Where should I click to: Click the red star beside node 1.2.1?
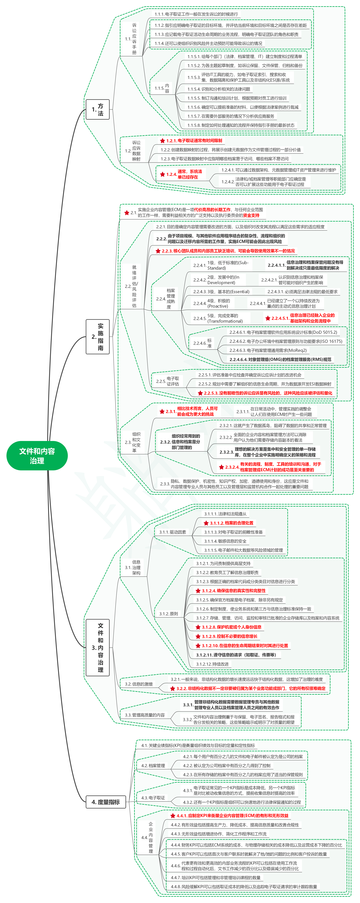[162, 141]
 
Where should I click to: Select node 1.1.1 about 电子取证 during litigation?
[196, 14]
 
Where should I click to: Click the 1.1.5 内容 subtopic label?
[162, 88]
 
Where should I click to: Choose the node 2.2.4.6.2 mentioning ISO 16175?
[286, 341]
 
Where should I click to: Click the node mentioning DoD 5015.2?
[283, 332]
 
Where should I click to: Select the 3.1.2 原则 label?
[169, 613]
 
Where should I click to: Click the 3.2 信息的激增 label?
[139, 684]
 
